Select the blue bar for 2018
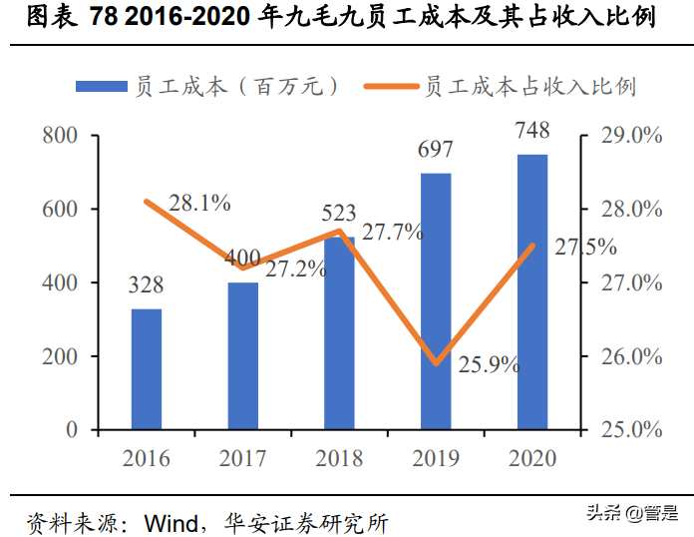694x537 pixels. [x=340, y=333]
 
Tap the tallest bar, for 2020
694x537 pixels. [x=532, y=292]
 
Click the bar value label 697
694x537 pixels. [x=436, y=150]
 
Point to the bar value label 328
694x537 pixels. [x=146, y=285]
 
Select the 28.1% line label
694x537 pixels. [x=199, y=203]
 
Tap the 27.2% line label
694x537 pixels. [x=295, y=268]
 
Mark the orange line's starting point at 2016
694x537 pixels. [x=147, y=202]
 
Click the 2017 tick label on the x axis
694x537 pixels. [x=242, y=459]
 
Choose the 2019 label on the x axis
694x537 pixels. [x=436, y=459]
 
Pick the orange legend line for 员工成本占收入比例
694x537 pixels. [x=390, y=87]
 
